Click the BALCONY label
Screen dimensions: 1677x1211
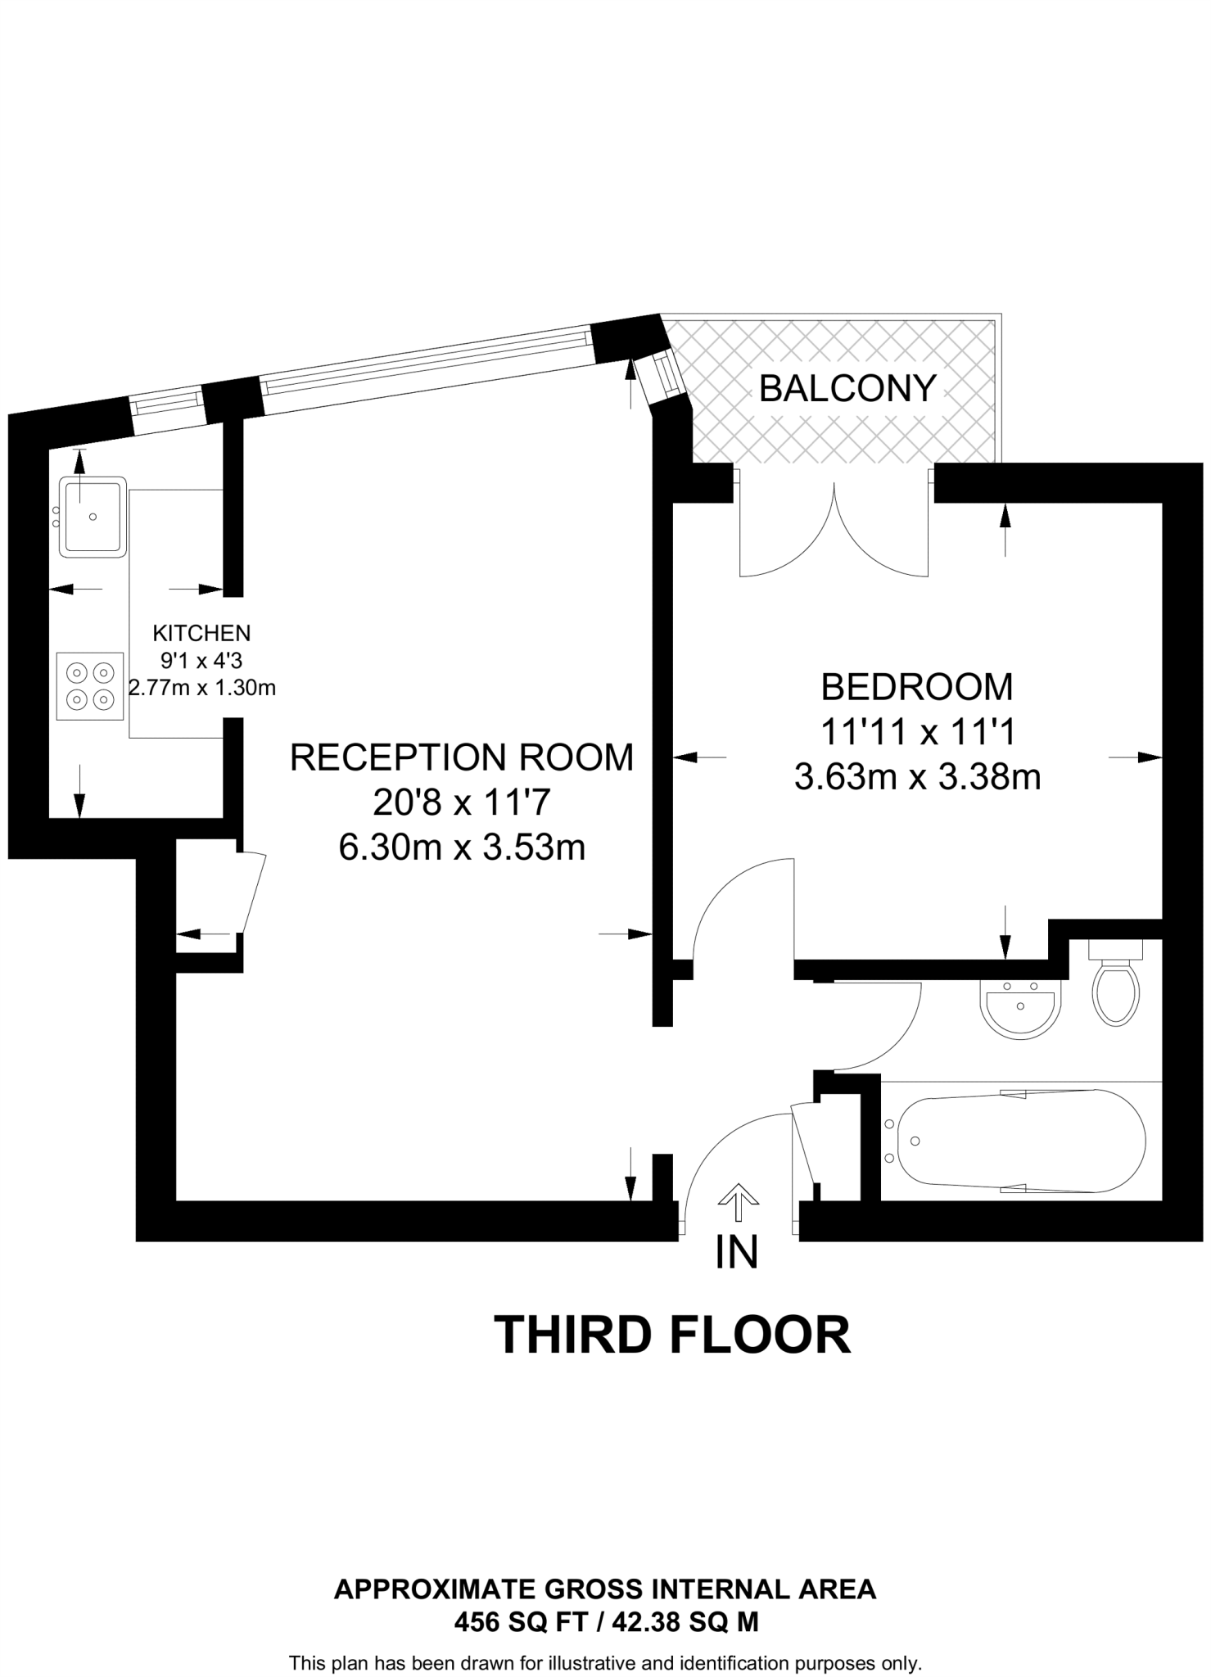pos(847,388)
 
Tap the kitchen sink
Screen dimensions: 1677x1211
pos(93,518)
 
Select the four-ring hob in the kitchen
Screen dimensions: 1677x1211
pos(90,686)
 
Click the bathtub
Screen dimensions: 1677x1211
pos(1020,1141)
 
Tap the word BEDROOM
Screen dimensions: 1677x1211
pos(916,687)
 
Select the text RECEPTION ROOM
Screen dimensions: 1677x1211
pos(462,757)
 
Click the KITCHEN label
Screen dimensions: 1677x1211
pos(201,632)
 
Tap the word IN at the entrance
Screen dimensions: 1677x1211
pos(737,1252)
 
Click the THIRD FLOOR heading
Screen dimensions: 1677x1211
pos(672,1336)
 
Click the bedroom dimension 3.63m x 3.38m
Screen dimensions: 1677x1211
pos(917,776)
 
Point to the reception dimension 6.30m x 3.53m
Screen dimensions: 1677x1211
pos(462,848)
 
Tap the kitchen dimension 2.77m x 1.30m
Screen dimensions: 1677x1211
pos(202,688)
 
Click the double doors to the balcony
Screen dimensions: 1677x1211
pos(834,532)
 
